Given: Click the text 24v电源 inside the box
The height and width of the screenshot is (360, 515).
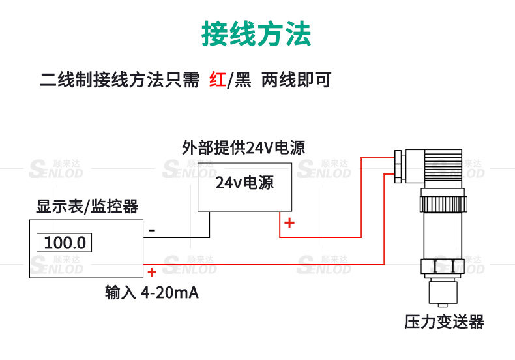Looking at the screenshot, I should (x=244, y=183).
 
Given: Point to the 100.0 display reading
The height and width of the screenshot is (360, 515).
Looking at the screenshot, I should (x=65, y=243).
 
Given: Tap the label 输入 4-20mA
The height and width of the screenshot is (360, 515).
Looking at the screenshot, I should (x=152, y=293).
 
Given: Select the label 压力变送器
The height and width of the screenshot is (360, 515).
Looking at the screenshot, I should (x=444, y=322).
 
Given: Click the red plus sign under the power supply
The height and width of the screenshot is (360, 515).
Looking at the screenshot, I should (x=289, y=223).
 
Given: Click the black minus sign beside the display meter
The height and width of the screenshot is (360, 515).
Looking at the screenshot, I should (x=152, y=230).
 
